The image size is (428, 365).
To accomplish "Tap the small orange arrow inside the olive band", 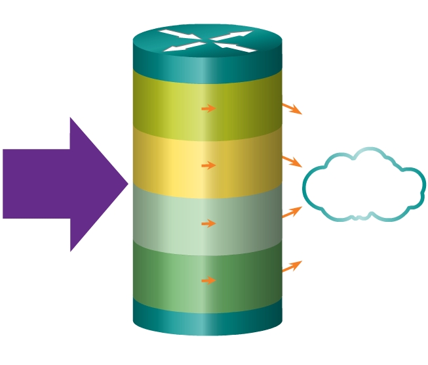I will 208,108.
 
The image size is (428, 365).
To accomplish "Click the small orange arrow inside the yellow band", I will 208,165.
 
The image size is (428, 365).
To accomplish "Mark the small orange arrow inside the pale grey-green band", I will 208,224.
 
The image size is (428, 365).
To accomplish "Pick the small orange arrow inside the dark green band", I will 208,281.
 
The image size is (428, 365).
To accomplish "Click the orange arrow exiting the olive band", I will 292,108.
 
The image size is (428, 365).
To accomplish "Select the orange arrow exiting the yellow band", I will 292,161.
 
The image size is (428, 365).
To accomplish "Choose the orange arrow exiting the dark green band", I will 292,266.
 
